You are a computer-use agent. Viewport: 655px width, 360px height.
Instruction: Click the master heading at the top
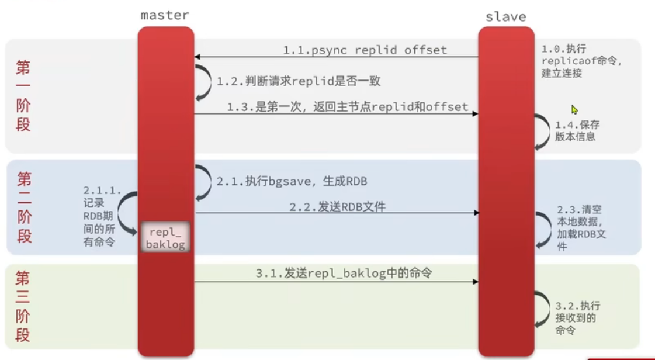pos(165,15)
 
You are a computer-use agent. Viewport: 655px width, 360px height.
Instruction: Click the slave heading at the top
pos(505,16)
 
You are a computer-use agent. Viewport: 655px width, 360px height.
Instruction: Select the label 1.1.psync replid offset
pos(365,50)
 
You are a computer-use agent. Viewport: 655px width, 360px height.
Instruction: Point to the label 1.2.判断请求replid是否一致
pos(299,81)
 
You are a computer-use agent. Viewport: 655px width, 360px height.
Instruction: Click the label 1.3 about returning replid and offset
pos(348,106)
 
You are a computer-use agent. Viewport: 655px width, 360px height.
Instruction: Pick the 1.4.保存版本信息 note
pos(576,131)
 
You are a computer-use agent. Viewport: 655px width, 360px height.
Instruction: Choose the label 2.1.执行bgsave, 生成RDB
pos(292,181)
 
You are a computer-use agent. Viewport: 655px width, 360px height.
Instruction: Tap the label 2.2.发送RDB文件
pos(337,206)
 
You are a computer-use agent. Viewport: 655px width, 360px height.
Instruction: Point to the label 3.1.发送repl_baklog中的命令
pos(344,273)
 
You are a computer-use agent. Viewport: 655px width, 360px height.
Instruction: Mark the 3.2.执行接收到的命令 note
pos(577,318)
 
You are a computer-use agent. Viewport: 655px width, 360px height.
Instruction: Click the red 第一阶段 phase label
pos(23,96)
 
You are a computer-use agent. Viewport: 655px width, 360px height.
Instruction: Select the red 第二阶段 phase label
pos(24,207)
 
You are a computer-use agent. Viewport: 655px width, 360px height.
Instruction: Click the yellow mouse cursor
pos(574,109)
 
